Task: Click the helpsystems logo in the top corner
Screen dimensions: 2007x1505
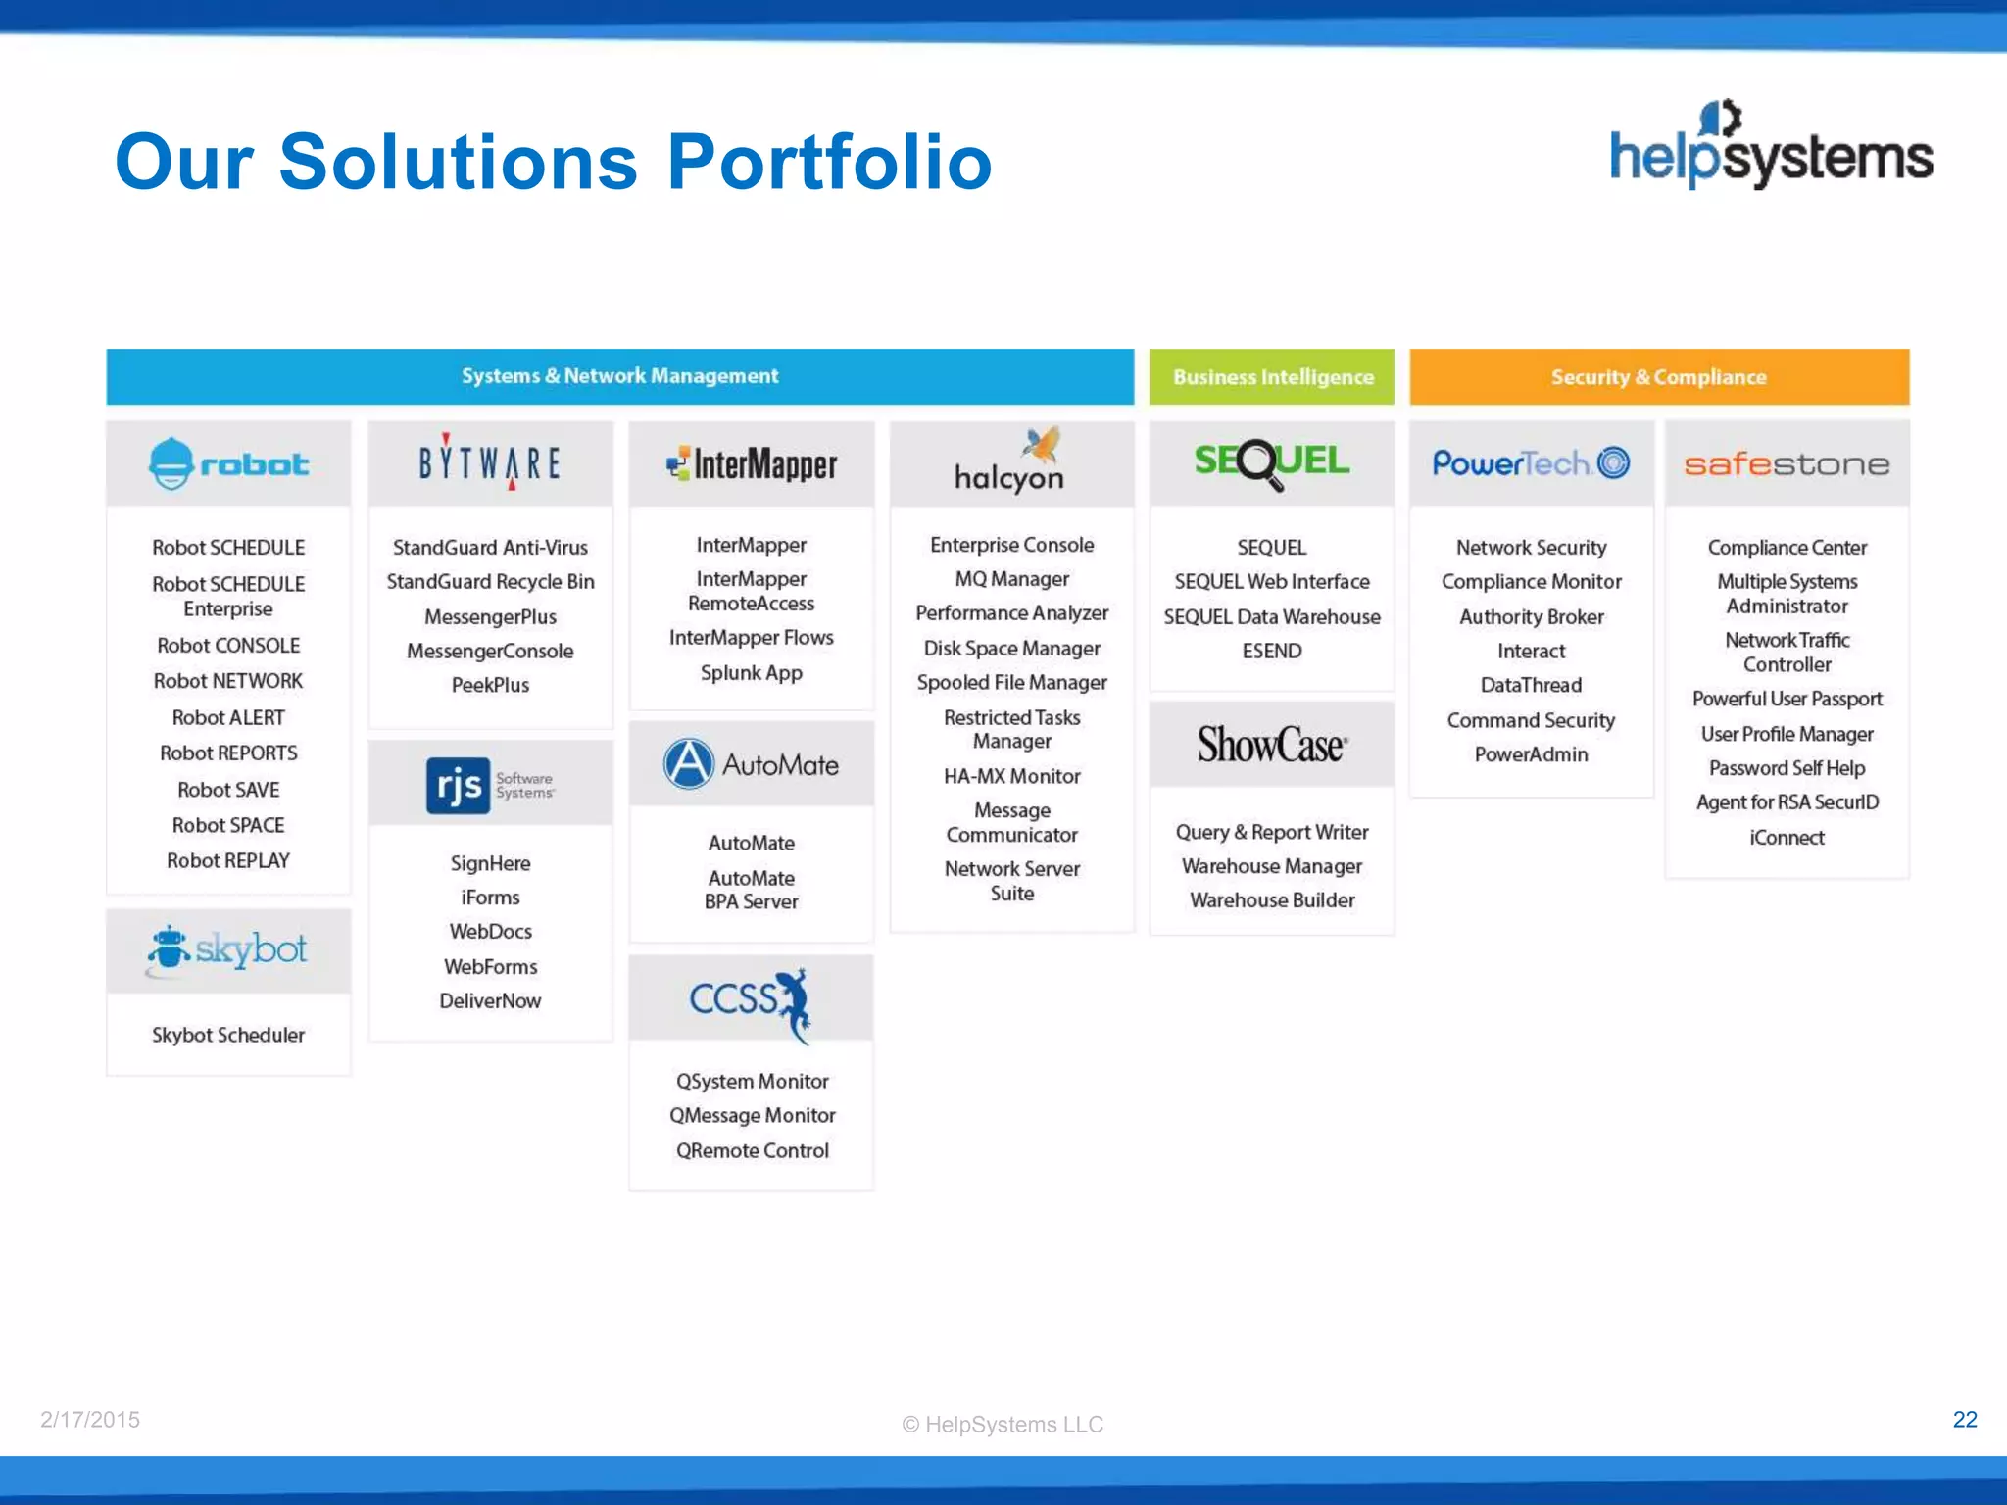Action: [1770, 147]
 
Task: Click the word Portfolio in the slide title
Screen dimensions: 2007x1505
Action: [829, 162]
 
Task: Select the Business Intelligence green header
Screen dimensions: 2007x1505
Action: [1272, 377]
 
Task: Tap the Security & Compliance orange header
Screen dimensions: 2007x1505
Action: [1658, 377]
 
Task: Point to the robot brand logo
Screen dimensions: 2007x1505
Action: [228, 463]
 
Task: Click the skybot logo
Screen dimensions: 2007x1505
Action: [228, 949]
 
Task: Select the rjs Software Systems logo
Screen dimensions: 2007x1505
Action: [489, 784]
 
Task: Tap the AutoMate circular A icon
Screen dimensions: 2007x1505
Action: [689, 764]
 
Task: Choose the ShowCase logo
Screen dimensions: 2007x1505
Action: [1271, 745]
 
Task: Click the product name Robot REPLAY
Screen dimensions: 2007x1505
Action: [228, 860]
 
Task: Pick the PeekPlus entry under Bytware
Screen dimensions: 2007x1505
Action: [490, 685]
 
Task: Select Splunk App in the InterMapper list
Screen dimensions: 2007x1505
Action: [751, 673]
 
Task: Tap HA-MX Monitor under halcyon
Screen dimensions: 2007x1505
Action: [1011, 776]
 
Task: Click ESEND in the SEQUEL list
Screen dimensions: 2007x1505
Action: [1271, 651]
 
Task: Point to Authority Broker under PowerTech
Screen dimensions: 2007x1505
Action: [1531, 616]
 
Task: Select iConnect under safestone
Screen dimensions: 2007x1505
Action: [1787, 838]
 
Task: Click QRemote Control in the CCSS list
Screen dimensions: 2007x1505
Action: [752, 1150]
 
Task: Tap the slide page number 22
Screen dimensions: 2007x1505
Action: [1964, 1420]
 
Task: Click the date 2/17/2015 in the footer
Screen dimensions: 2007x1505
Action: [90, 1420]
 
